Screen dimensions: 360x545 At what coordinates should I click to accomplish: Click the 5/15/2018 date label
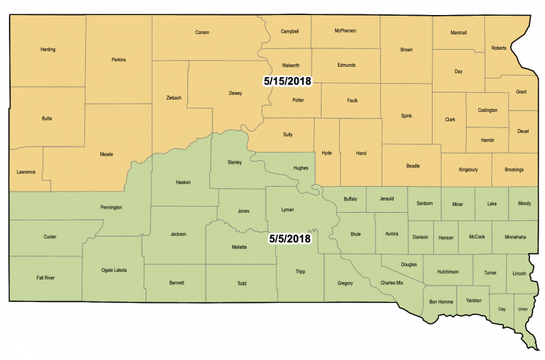pos(287,80)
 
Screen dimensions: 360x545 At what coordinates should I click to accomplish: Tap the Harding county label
pos(48,49)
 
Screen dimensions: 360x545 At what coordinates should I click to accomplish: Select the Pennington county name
pos(111,207)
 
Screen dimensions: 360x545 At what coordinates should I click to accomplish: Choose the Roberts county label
pos(499,48)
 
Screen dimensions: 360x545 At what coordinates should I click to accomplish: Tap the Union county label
pos(523,309)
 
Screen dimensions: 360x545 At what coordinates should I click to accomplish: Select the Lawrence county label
pos(26,172)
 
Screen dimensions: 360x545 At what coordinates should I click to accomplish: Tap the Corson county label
pos(202,32)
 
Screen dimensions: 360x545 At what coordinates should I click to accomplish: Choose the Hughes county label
pos(300,167)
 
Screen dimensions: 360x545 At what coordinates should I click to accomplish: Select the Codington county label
pos(487,110)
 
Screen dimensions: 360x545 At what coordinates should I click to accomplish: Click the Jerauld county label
pos(387,198)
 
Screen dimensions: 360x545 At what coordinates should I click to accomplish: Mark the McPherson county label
pos(345,31)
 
